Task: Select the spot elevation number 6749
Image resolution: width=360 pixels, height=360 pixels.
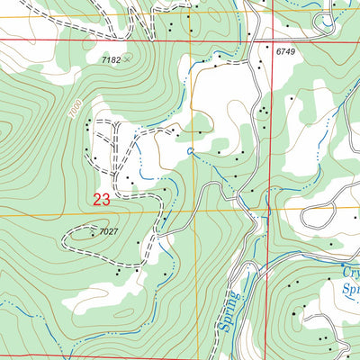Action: [285, 52]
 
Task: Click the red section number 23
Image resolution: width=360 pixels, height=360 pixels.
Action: [102, 200]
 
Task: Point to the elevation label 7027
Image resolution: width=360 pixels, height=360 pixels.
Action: [109, 232]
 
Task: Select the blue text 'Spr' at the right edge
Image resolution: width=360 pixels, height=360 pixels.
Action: [350, 290]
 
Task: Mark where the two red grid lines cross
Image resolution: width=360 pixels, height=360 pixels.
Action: [267, 40]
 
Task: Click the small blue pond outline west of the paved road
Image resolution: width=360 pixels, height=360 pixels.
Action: [189, 150]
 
